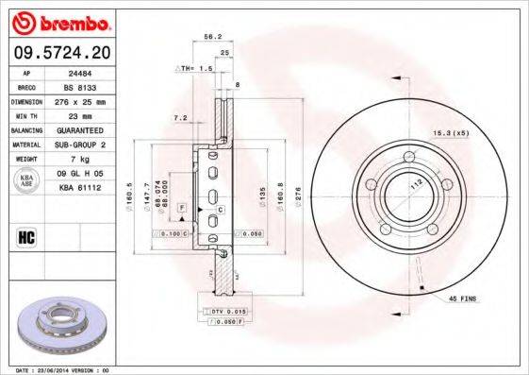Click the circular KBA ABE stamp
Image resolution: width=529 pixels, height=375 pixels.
pyautogui.click(x=27, y=181)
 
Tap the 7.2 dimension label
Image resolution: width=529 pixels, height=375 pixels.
pyautogui.click(x=180, y=119)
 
